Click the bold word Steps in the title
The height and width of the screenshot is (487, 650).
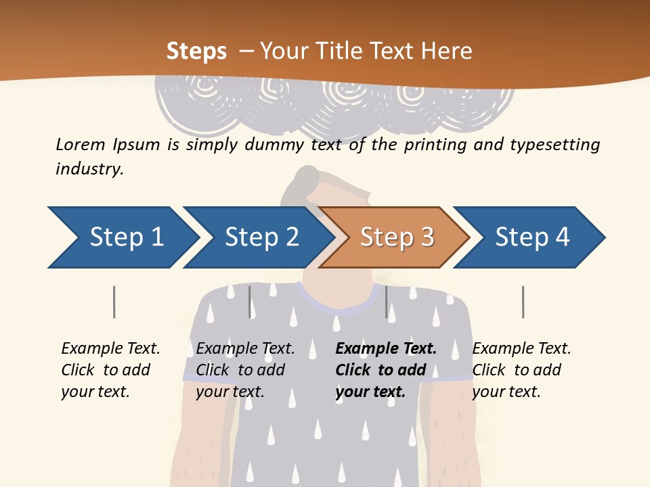click(196, 51)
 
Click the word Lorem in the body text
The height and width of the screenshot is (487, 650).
click(81, 144)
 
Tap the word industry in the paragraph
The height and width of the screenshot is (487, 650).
click(89, 169)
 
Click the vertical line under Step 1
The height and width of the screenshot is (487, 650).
click(114, 302)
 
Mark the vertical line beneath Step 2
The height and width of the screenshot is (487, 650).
click(250, 302)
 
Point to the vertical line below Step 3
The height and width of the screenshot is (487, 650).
click(387, 302)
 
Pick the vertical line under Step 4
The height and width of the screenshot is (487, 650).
click(523, 302)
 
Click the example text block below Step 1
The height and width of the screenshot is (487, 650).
click(110, 370)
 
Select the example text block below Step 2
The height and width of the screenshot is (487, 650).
click(245, 370)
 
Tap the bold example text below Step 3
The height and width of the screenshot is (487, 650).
click(386, 370)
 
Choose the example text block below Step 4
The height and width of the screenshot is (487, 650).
click(521, 370)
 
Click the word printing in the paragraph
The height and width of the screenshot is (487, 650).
click(433, 145)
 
